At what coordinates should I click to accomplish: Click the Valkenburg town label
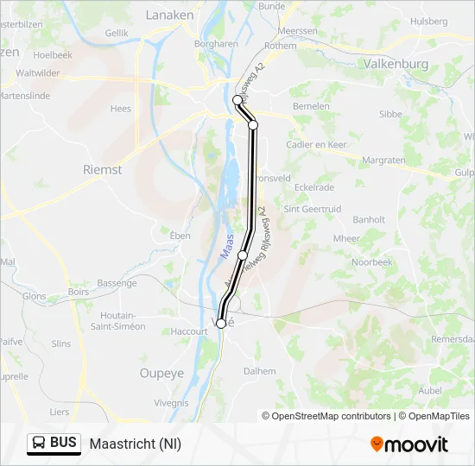tap(396, 64)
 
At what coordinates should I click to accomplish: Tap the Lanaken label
tap(169, 15)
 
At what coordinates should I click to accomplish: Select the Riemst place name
tap(102, 170)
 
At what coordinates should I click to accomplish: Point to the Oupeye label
tap(161, 373)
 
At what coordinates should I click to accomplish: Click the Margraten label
tap(383, 161)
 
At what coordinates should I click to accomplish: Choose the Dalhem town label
tap(259, 371)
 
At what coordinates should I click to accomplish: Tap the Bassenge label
tap(117, 283)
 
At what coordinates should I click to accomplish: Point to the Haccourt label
tap(190, 331)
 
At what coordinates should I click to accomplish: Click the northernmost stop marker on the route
tap(237, 100)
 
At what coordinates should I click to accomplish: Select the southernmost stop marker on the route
tap(221, 324)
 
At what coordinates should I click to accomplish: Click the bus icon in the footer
tap(39, 444)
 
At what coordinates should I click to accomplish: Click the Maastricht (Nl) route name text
tap(136, 444)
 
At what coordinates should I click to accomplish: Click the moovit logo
tap(410, 444)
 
